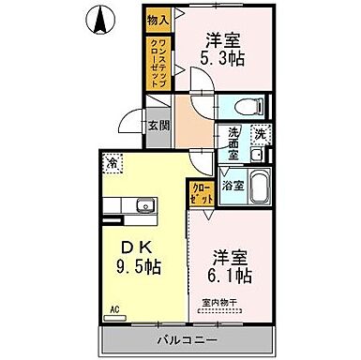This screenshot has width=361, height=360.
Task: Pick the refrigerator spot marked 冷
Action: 112,162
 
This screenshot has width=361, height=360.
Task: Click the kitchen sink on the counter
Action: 143,206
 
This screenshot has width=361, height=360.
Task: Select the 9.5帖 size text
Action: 142,266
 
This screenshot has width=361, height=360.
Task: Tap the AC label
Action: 115,307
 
